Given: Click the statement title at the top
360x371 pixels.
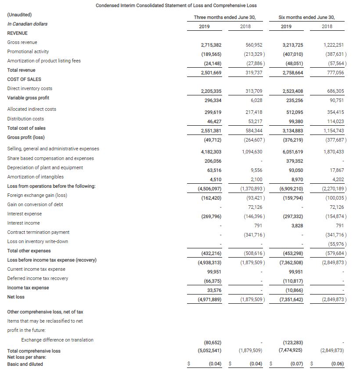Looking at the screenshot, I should pyautogui.click(x=176, y=5).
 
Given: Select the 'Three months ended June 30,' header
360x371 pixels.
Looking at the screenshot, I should pyautogui.click(x=225, y=17).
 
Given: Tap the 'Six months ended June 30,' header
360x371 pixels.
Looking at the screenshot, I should pyautogui.click(x=306, y=17).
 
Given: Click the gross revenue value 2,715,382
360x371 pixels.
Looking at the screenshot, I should pyautogui.click(x=211, y=45).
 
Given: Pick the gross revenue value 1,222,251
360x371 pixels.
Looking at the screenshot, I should pyautogui.click(x=333, y=45).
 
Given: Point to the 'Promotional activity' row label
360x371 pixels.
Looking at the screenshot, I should pyautogui.click(x=28, y=51).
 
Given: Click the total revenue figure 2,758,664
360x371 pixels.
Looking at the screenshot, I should pyautogui.click(x=292, y=73).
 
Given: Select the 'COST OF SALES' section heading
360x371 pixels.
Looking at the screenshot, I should pyautogui.click(x=24, y=79).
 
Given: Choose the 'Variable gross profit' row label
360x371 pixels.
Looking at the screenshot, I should pyautogui.click(x=28, y=98).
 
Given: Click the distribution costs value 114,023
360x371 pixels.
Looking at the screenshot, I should pyautogui.click(x=335, y=121).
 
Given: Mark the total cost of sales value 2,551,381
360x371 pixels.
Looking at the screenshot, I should pyautogui.click(x=211, y=131).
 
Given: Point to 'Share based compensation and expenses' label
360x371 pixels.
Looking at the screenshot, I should pyautogui.click(x=50, y=158).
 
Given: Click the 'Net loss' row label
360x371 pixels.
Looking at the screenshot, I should pyautogui.click(x=16, y=297).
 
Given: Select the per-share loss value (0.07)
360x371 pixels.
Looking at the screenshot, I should pyautogui.click(x=296, y=364).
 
